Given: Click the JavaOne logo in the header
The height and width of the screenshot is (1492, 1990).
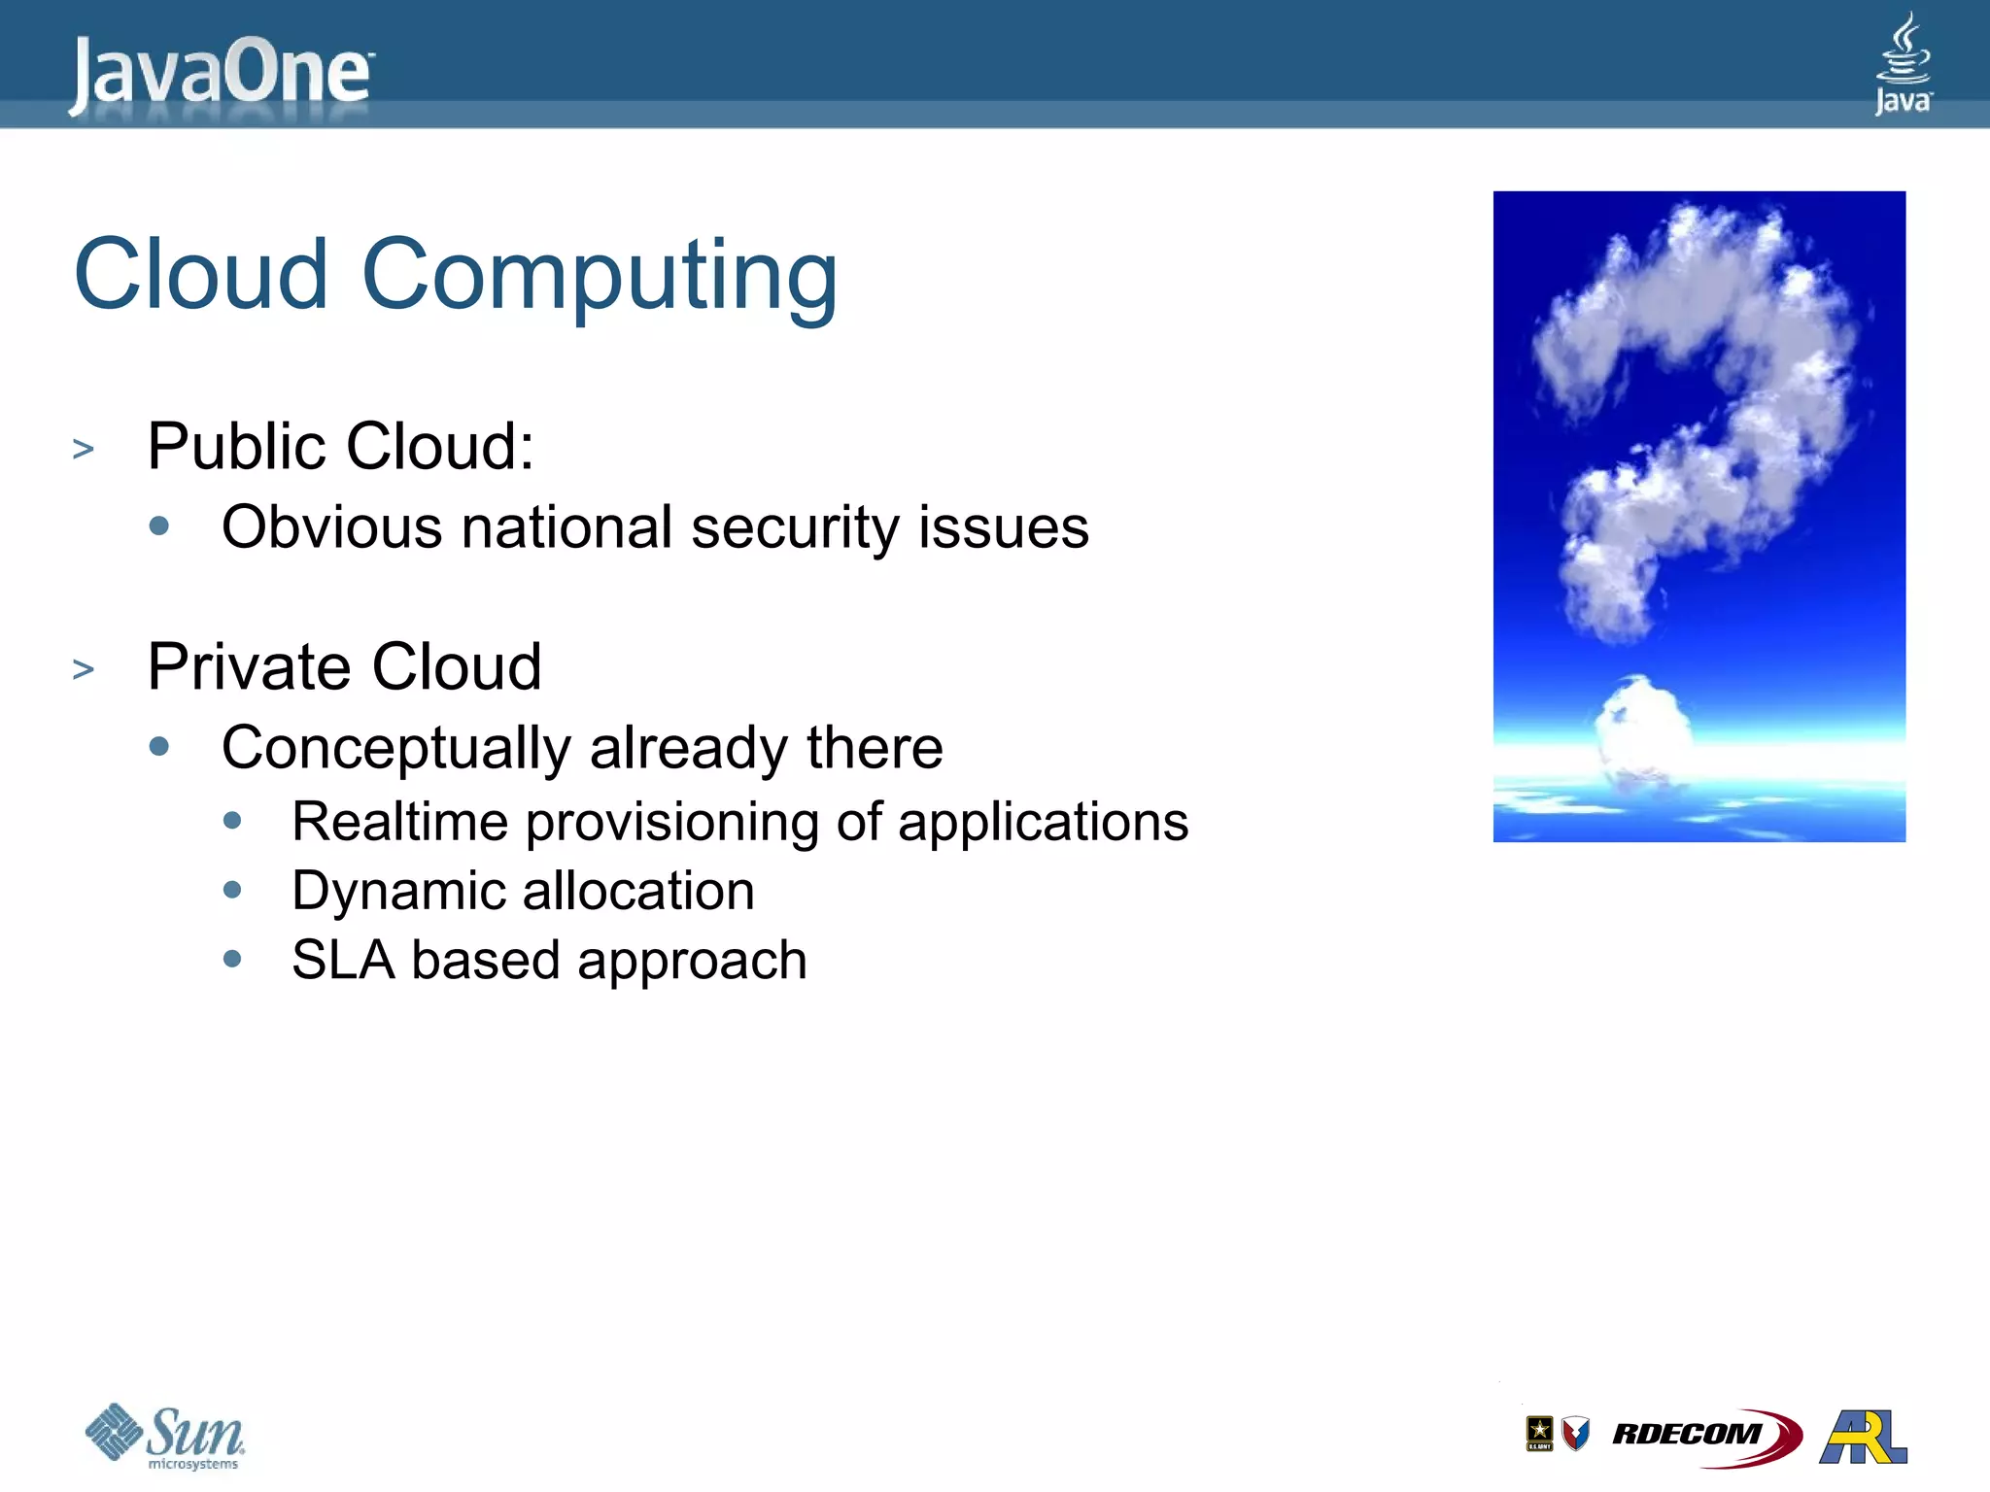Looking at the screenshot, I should point(222,73).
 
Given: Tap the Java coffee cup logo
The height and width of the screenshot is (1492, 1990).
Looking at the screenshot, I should point(1903,62).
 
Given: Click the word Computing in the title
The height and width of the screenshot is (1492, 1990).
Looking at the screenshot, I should point(600,276).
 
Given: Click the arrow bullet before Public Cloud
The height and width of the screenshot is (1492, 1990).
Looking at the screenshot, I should point(84,449).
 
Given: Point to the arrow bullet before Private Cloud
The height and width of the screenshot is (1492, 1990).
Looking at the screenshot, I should point(84,668).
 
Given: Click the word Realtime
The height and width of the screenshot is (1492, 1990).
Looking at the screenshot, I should point(399,822).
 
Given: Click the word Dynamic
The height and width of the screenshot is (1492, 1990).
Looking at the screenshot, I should point(397,892).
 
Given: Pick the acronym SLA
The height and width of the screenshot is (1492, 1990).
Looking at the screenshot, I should point(342,960).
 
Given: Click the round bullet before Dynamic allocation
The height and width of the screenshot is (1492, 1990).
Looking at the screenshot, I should point(232,890).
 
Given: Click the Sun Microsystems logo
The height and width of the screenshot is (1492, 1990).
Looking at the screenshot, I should point(165,1436).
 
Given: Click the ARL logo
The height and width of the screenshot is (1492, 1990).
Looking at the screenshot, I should point(1864,1436).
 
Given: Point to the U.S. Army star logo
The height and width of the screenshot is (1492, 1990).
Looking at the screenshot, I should point(1539,1433).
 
